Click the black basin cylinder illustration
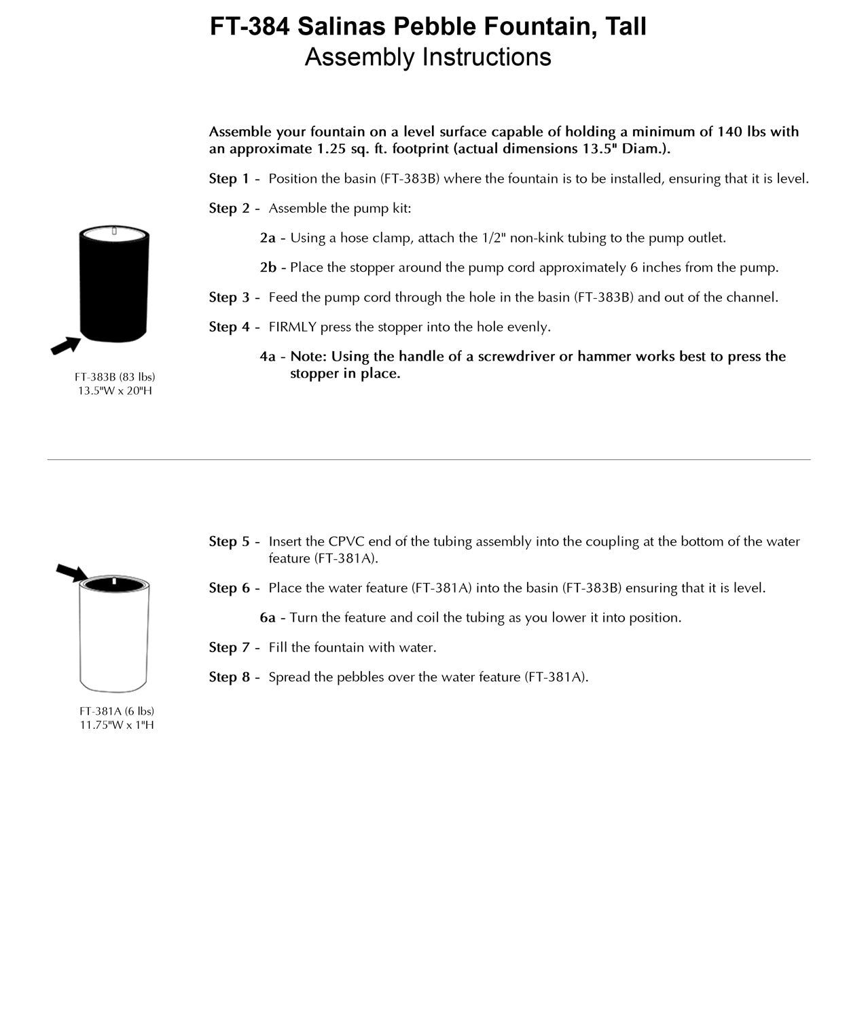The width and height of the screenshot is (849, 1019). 114,285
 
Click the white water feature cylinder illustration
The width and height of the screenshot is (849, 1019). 114,635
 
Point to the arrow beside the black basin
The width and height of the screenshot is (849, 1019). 66,346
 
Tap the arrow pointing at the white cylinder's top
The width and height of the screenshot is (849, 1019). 72,573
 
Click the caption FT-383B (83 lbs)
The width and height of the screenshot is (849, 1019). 115,376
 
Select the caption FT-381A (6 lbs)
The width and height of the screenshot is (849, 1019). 117,711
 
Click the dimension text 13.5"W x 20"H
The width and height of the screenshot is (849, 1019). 115,391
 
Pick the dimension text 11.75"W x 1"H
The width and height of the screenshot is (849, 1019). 117,725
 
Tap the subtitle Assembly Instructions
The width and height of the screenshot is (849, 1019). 428,57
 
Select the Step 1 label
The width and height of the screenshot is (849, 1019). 229,179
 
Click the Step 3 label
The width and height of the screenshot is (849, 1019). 229,297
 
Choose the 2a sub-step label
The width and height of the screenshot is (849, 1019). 268,238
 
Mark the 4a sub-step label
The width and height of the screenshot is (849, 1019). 268,357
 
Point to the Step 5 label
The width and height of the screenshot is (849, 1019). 229,541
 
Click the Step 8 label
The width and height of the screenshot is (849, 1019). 229,677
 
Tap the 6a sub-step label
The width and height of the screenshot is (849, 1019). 268,618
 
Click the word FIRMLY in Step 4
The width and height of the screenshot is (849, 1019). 293,327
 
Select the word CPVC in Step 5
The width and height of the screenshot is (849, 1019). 346,541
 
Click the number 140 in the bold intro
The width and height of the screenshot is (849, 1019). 731,132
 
